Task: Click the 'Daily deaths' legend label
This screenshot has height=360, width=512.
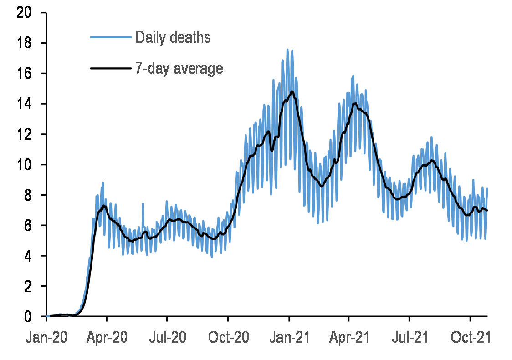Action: click(173, 37)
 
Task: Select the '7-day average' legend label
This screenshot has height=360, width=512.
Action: click(179, 68)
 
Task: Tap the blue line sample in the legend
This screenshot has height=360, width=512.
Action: click(111, 37)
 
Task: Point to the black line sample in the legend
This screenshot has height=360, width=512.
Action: click(111, 68)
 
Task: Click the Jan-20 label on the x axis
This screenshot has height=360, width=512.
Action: click(46, 339)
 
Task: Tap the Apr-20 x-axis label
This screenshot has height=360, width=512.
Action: click(107, 339)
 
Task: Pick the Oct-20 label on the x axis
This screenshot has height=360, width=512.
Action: click(228, 339)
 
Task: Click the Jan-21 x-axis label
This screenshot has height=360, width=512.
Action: click(288, 339)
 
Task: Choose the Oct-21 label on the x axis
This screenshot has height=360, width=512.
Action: click(470, 339)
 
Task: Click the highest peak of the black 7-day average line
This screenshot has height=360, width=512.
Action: click(292, 91)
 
